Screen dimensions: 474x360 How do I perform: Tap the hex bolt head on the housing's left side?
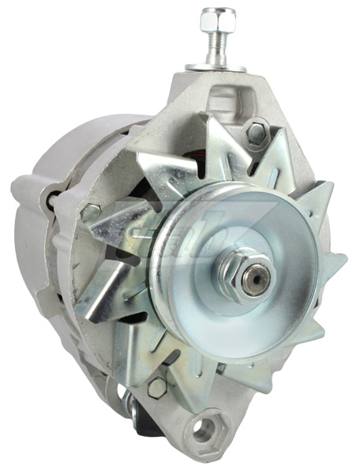90,212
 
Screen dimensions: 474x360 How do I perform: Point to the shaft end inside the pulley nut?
255,276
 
